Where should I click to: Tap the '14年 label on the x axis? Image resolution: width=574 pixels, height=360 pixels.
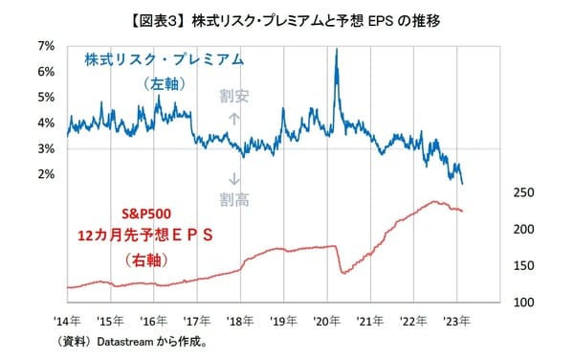click(x=68, y=322)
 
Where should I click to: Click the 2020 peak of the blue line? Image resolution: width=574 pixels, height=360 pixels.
click(x=337, y=49)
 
